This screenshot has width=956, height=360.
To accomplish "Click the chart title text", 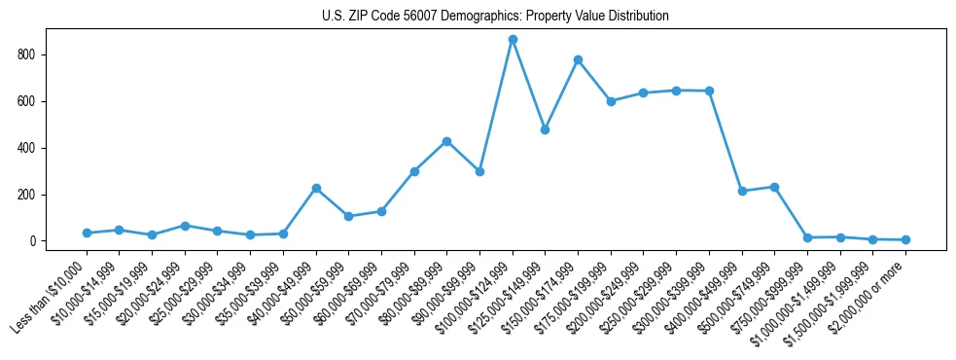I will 495,17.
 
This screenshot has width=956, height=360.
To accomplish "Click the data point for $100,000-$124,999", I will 513,40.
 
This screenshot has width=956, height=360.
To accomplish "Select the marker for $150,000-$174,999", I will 578,60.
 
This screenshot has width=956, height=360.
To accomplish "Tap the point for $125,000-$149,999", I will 545,129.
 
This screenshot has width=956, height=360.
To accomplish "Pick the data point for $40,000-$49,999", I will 316,188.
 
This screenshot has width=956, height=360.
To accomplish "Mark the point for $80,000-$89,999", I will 446,141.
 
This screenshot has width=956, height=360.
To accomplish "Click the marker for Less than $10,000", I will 87,234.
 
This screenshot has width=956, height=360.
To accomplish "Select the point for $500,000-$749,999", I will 774,187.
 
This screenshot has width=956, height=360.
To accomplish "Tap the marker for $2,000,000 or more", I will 905,239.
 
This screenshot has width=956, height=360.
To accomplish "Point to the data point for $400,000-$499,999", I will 741,191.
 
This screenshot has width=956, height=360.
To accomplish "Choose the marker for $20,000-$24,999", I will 185,226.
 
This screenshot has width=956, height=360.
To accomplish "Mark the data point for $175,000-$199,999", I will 611,101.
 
